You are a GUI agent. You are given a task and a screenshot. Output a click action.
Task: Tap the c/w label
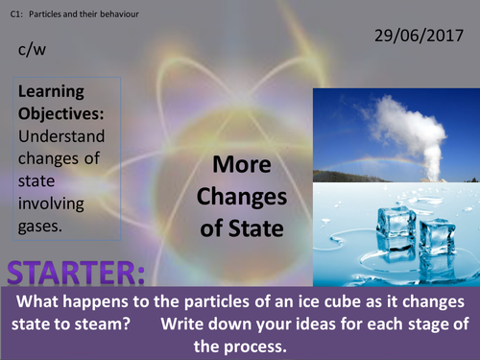[x=30, y=56]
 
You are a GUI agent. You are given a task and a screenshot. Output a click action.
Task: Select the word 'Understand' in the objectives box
[x=60, y=135]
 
